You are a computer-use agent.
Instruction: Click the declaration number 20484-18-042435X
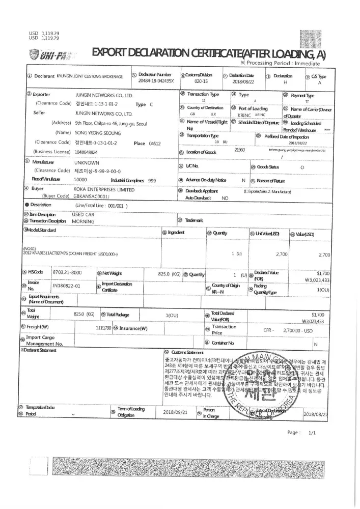tap(156, 81)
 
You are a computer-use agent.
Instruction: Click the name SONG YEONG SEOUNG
tap(98, 132)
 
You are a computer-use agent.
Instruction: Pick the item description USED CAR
tap(81, 215)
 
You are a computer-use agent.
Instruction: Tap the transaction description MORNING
tap(82, 221)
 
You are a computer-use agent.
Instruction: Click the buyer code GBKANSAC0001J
tap(91, 196)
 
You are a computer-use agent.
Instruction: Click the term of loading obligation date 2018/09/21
tap(175, 412)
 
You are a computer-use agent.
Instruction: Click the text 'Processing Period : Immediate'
tap(283, 64)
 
